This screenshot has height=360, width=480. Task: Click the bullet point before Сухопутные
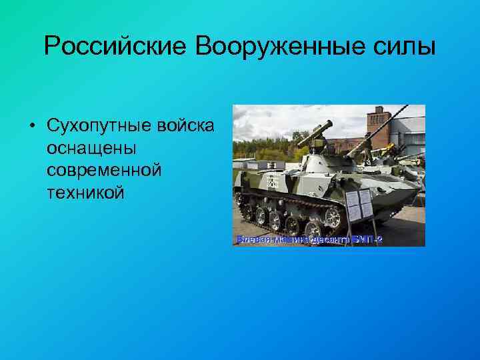coord(31,125)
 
